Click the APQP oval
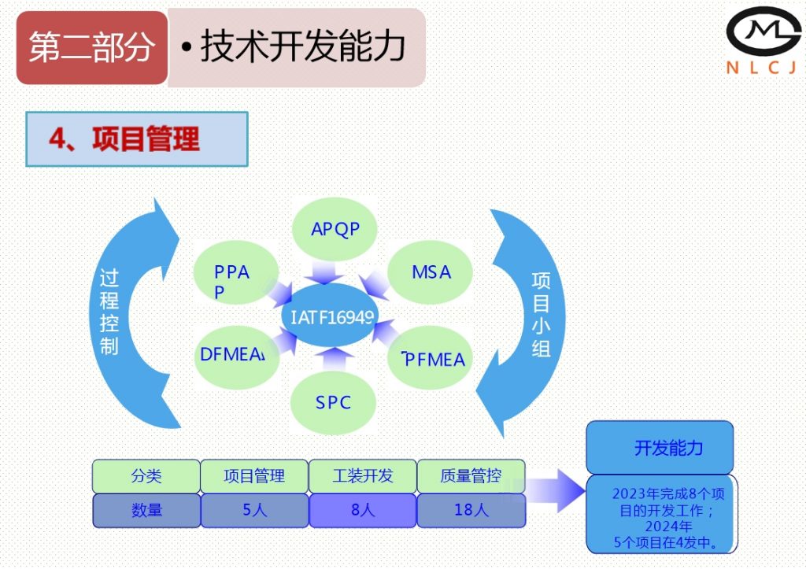pyautogui.click(x=335, y=229)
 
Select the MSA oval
pyautogui.click(x=431, y=272)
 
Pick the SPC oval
pyautogui.click(x=333, y=402)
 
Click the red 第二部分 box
pyautogui.click(x=92, y=47)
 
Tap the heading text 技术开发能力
pyautogui.click(x=302, y=47)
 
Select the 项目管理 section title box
pyautogui.click(x=137, y=139)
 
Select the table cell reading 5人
pyautogui.click(x=254, y=510)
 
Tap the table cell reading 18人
pyautogui.click(x=471, y=510)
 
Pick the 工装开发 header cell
pyautogui.click(x=362, y=476)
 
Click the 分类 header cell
pyautogui.click(x=146, y=476)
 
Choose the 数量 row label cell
pyautogui.click(x=146, y=510)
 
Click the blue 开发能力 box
pyautogui.click(x=660, y=448)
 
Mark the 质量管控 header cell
pyautogui.click(x=471, y=476)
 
